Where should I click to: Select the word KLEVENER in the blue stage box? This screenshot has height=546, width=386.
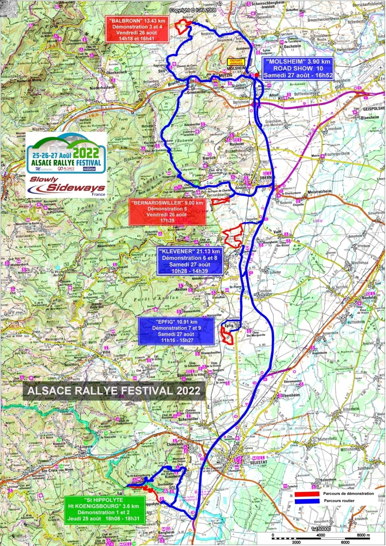coord(179,252)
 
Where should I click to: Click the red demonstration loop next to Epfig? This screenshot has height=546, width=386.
coord(227,333)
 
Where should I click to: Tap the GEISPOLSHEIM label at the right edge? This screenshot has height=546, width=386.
coord(373,109)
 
